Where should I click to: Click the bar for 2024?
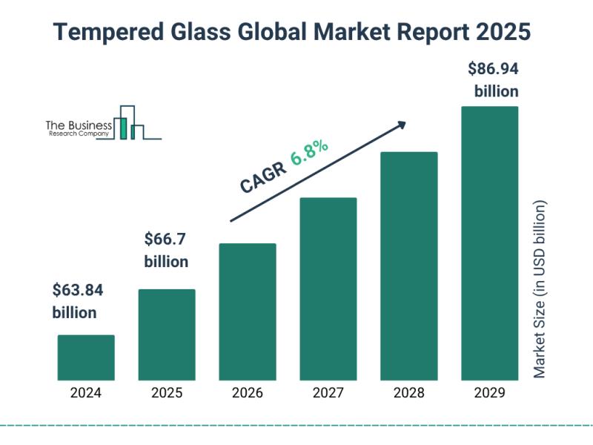click(86, 357)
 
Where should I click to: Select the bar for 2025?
click(167, 334)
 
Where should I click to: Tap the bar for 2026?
click(248, 311)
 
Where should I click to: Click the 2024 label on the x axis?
click(86, 393)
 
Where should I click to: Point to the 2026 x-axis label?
click(248, 393)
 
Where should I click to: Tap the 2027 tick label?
click(328, 393)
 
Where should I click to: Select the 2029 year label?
click(490, 393)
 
